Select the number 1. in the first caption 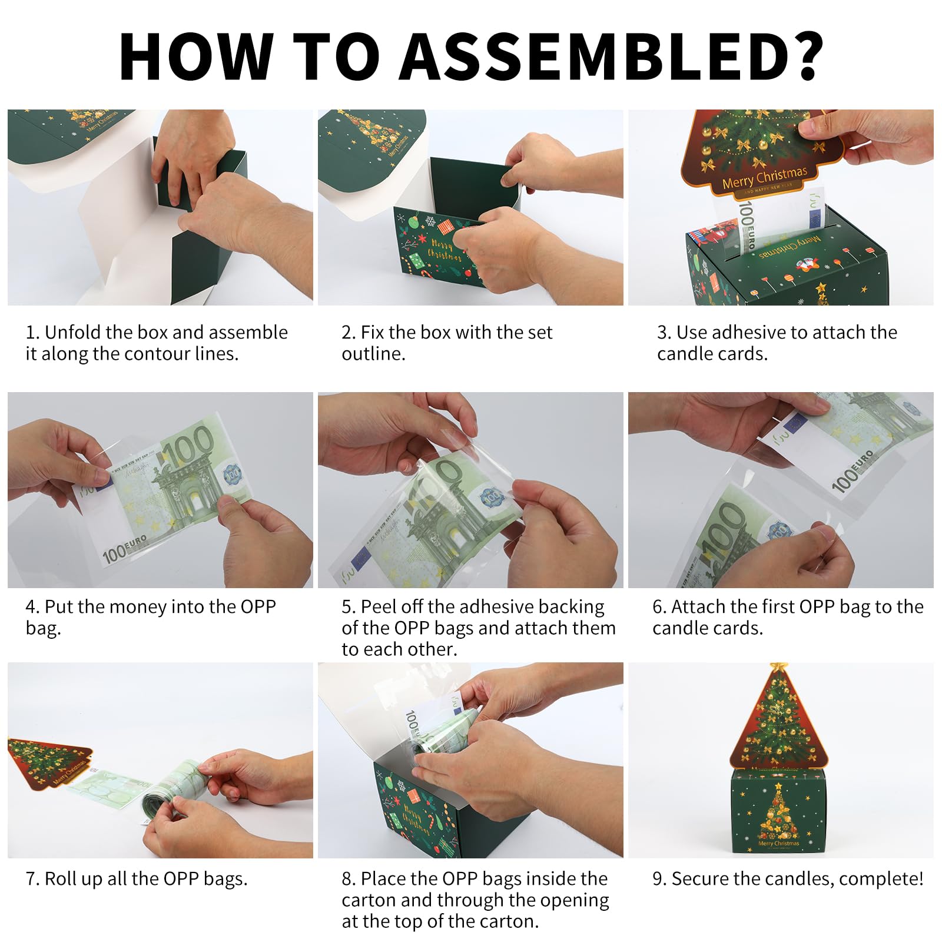(32, 333)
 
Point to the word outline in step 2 (373, 354)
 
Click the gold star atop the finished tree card (779, 667)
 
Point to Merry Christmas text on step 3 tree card (764, 177)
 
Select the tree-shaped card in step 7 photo (50, 762)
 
